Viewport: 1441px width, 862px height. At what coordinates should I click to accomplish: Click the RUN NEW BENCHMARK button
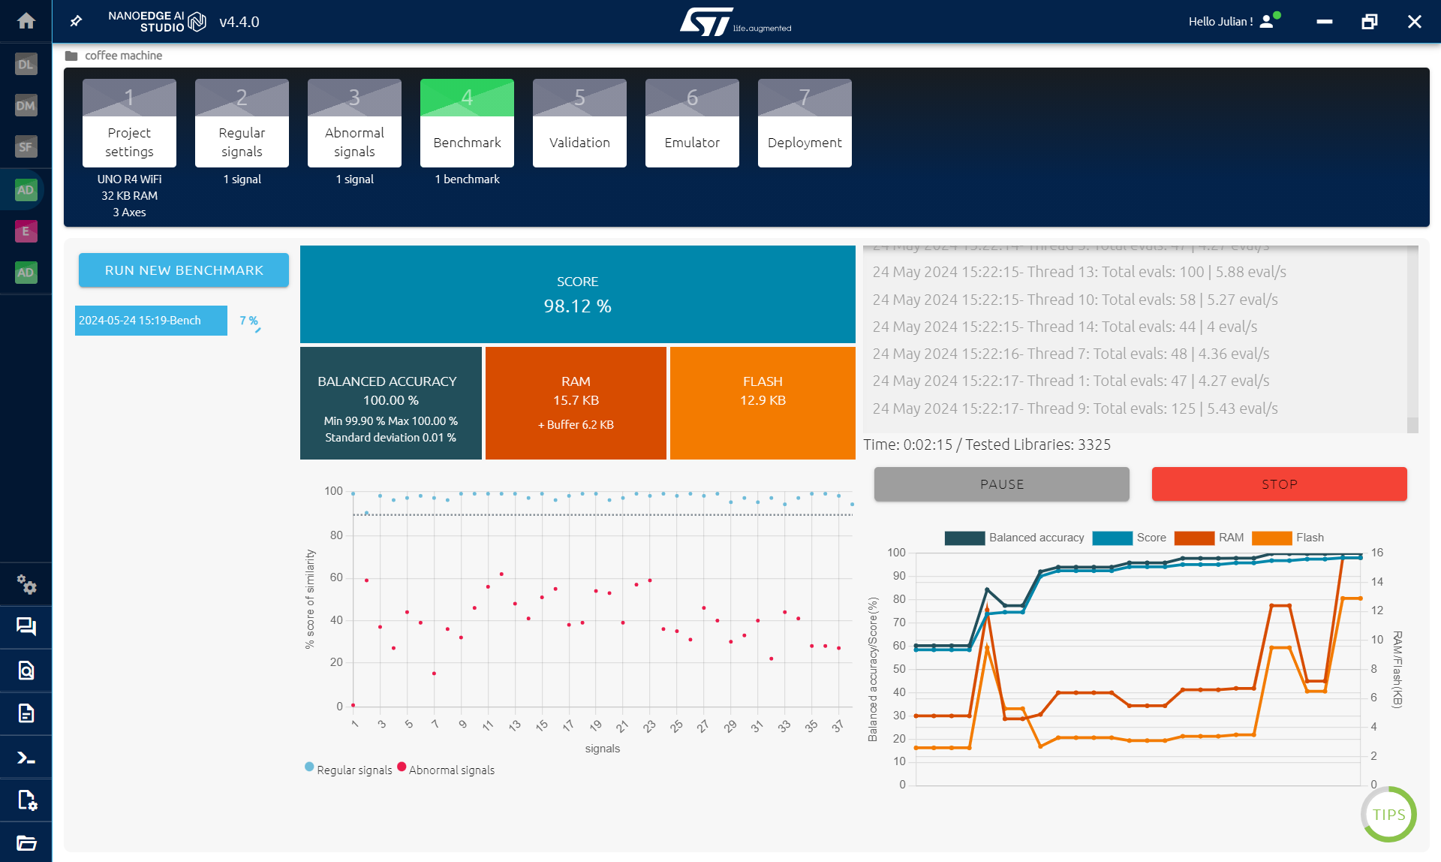click(x=184, y=270)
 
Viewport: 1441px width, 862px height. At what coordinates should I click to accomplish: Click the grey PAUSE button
click(x=1001, y=484)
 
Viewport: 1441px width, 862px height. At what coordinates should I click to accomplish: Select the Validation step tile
click(x=579, y=124)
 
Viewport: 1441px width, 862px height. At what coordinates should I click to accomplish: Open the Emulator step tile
click(x=692, y=124)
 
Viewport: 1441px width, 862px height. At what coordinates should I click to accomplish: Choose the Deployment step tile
click(x=805, y=124)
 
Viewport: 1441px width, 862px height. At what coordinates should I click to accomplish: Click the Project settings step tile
click(x=129, y=124)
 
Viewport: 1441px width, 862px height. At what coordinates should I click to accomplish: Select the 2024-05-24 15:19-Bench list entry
click(x=151, y=321)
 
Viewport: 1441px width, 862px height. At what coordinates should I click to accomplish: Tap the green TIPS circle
click(x=1388, y=815)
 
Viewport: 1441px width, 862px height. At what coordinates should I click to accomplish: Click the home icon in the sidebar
click(x=26, y=21)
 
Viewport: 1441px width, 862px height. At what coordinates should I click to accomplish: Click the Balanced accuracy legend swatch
click(x=964, y=538)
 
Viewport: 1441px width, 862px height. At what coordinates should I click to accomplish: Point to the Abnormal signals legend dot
click(x=402, y=767)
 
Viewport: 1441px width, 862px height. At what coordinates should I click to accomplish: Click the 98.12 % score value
click(x=577, y=306)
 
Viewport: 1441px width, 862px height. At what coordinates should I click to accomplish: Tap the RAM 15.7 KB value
click(x=576, y=400)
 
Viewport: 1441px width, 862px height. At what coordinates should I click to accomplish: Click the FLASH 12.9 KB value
click(x=763, y=400)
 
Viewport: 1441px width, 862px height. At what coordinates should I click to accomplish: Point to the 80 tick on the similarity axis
click(x=336, y=535)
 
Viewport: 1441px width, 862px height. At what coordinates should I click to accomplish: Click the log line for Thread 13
click(x=1078, y=272)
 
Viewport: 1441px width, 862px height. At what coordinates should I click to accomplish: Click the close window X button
click(x=1414, y=22)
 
